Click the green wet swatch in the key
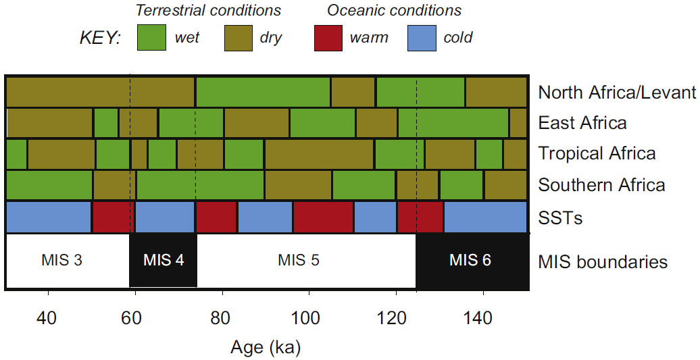click(152, 38)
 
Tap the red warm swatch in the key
click(329, 38)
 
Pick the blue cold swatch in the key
click(422, 38)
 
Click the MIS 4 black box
click(163, 260)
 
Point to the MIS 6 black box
click(471, 260)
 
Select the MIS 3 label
click(61, 260)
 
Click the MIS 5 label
click(298, 260)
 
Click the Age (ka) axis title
click(266, 348)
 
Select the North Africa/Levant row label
click(617, 93)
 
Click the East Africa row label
click(582, 123)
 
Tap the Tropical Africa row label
click(597, 153)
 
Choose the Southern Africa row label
click(601, 185)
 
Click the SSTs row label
click(560, 217)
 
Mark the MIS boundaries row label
click(603, 261)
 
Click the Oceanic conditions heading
click(394, 10)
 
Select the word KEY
click(99, 38)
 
